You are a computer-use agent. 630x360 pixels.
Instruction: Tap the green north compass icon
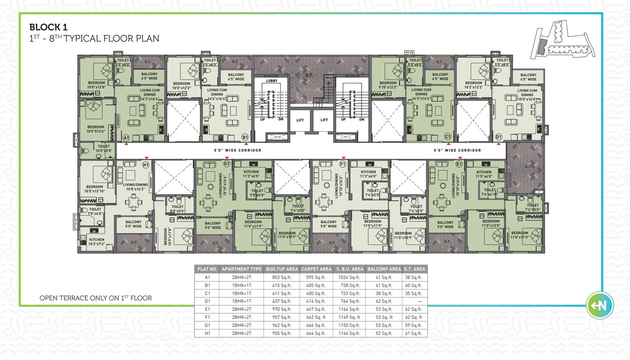click(x=600, y=306)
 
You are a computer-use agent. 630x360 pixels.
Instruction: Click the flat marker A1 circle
click(x=126, y=137)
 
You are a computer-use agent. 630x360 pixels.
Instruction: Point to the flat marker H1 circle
click(x=146, y=165)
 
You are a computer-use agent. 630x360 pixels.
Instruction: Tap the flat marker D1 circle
click(x=499, y=137)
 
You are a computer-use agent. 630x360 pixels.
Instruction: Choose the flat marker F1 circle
click(x=343, y=165)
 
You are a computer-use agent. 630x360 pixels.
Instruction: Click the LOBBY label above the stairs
click(x=272, y=81)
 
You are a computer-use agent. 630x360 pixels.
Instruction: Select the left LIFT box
click(x=300, y=120)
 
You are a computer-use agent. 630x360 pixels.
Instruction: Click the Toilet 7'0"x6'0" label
click(x=95, y=211)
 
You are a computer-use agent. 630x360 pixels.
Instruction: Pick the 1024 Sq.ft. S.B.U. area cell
click(x=349, y=277)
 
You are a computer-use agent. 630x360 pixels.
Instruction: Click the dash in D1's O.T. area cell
click(x=414, y=301)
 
